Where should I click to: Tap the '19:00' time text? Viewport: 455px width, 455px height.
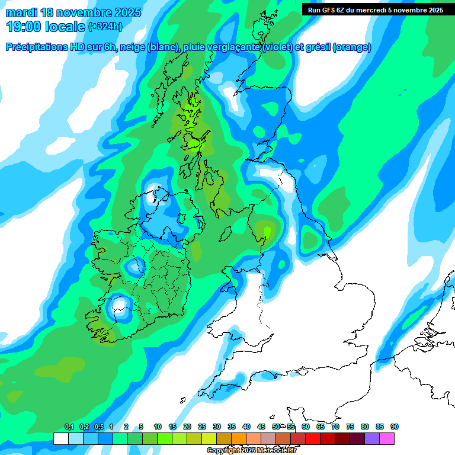pyautogui.click(x=23, y=27)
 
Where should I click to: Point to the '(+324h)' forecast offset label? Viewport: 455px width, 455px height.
pyautogui.click(x=105, y=27)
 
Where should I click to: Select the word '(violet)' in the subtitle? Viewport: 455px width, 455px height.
pyautogui.click(x=278, y=47)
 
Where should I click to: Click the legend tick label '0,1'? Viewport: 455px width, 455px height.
pyautogui.click(x=69, y=427)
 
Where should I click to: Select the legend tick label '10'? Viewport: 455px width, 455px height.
pyautogui.click(x=158, y=427)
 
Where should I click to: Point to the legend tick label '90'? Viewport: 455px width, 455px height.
pyautogui.click(x=395, y=427)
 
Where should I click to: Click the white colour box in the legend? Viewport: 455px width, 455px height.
pyautogui.click(x=60, y=438)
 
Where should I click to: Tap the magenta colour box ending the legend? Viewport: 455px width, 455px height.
pyautogui.click(x=387, y=438)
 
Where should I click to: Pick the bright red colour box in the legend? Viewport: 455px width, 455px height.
pyautogui.click(x=313, y=438)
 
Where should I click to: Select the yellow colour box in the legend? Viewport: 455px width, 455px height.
pyautogui.click(x=209, y=438)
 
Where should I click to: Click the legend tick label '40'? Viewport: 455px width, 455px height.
pyautogui.click(x=246, y=427)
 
